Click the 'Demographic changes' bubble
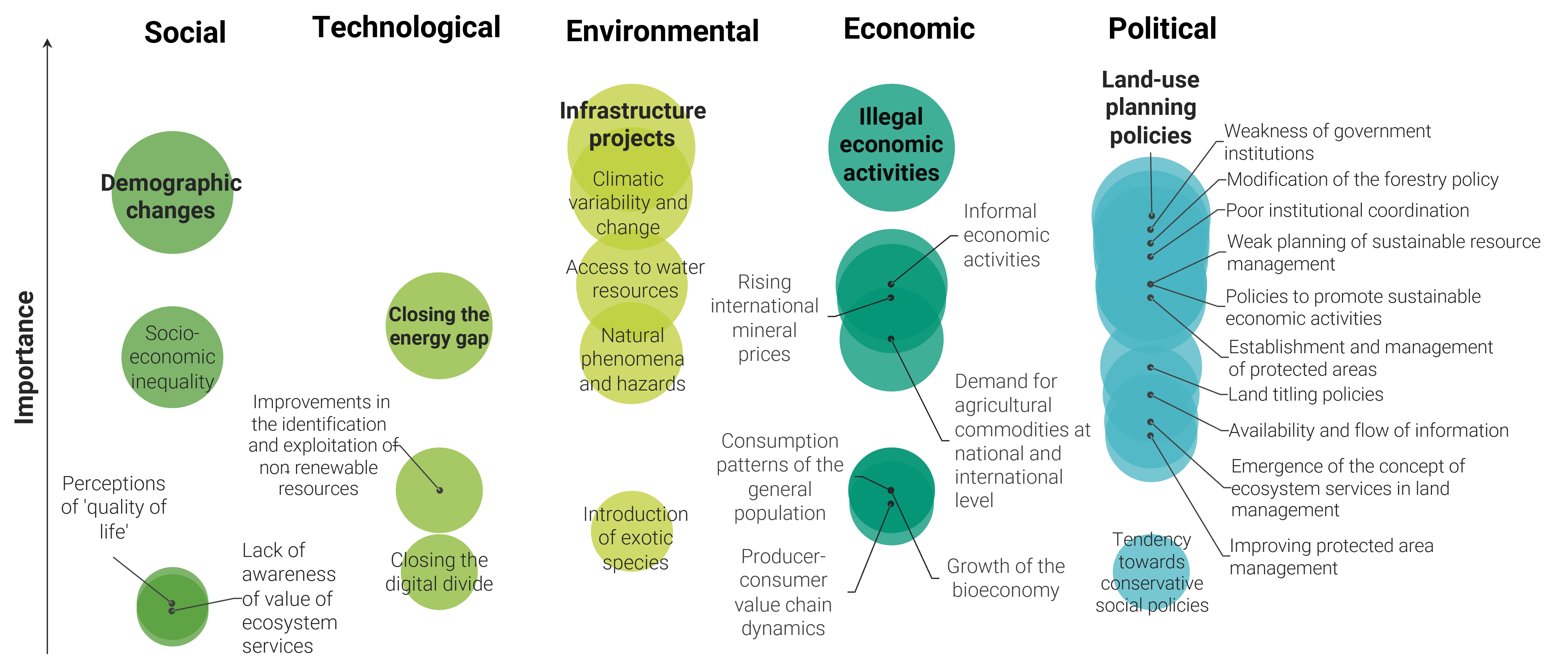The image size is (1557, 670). coord(172,193)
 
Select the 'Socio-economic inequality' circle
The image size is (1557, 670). coord(172,357)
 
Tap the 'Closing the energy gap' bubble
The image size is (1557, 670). coord(439,326)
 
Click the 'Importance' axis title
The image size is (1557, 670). coord(25,358)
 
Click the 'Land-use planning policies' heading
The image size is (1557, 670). coord(1150,108)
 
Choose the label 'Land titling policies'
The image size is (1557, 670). coord(1305,394)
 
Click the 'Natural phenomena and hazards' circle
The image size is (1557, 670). coord(632,359)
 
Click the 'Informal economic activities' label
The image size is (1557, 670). coord(1006,235)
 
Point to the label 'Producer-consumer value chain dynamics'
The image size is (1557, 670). coord(783,592)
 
